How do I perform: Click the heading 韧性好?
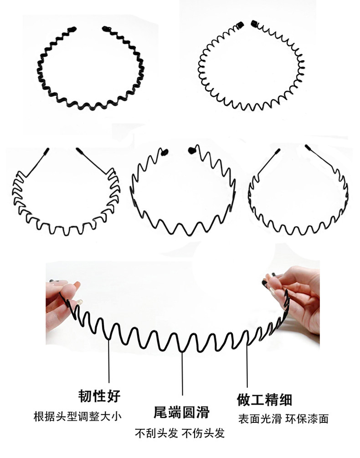coord(99,396)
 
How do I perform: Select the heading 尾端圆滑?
coord(181,412)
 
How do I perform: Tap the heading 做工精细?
coord(264,400)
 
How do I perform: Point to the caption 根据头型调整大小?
coord(77,416)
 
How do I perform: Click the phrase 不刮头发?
coord(156,433)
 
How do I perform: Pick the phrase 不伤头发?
coord(203,433)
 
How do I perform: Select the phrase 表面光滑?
coord(260,419)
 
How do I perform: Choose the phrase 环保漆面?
coord(307,419)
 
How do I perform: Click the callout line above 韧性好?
coord(109,361)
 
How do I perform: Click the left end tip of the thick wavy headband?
coord(72,29)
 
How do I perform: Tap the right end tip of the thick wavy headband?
coord(106,29)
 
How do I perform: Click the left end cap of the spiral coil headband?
coord(240,25)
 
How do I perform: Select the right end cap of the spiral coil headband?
coord(254,23)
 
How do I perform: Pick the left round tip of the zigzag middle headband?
coord(165,152)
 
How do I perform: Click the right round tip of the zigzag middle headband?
coord(192,151)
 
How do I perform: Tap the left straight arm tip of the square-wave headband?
coord(47,151)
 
